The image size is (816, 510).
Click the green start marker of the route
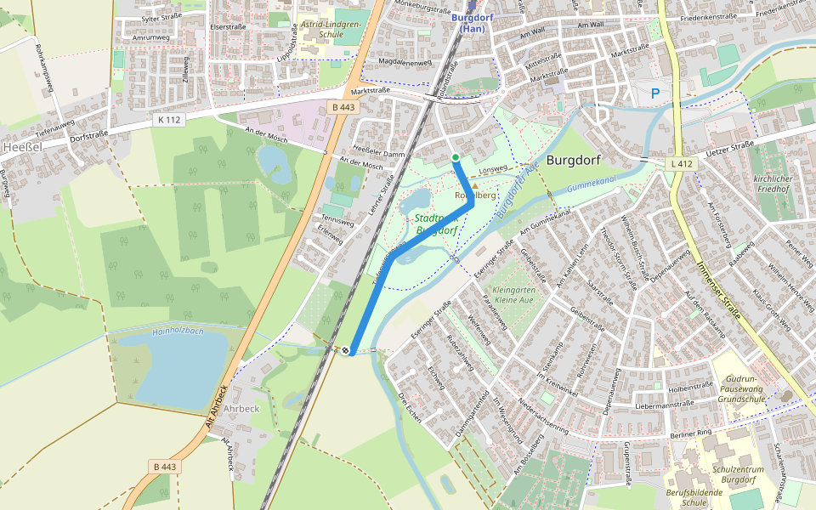click(456, 157)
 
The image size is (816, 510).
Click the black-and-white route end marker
click(346, 350)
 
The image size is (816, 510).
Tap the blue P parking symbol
click(654, 93)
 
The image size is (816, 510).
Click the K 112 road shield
click(169, 120)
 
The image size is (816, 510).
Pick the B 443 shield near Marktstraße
click(343, 107)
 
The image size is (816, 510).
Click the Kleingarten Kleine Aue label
click(514, 296)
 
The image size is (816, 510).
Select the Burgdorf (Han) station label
click(470, 23)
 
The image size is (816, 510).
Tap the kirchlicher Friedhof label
click(772, 184)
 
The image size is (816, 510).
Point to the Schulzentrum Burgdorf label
click(720, 474)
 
